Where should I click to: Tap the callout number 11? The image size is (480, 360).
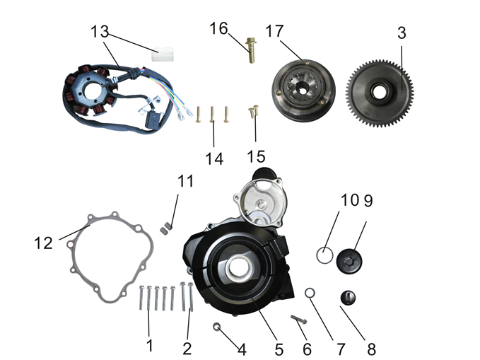tap(185, 182)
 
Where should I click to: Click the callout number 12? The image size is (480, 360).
tap(43, 243)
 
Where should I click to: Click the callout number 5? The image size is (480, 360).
tap(279, 349)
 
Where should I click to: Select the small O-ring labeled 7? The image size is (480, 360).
tap(310, 293)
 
